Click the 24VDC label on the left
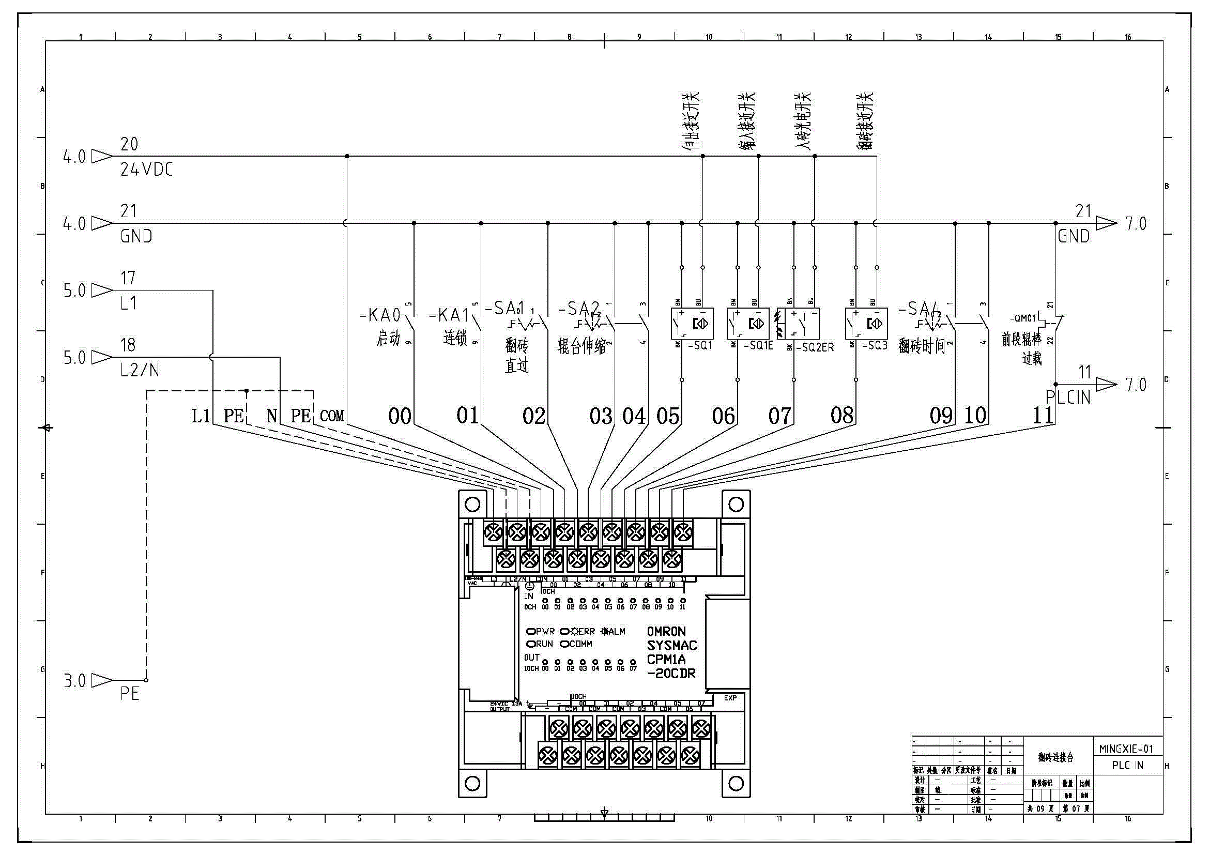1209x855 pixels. (146, 170)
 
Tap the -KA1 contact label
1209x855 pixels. (449, 315)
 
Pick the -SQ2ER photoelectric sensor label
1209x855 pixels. (815, 347)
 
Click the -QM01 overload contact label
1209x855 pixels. (1023, 318)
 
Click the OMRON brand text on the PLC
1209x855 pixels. (666, 632)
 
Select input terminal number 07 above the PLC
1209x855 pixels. (779, 416)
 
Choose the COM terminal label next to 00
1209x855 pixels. (332, 417)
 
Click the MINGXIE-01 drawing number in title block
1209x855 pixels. (1126, 749)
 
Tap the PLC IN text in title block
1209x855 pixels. (1127, 766)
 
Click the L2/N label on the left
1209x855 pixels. (139, 371)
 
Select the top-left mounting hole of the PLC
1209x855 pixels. (472, 505)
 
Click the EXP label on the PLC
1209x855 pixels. (730, 698)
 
